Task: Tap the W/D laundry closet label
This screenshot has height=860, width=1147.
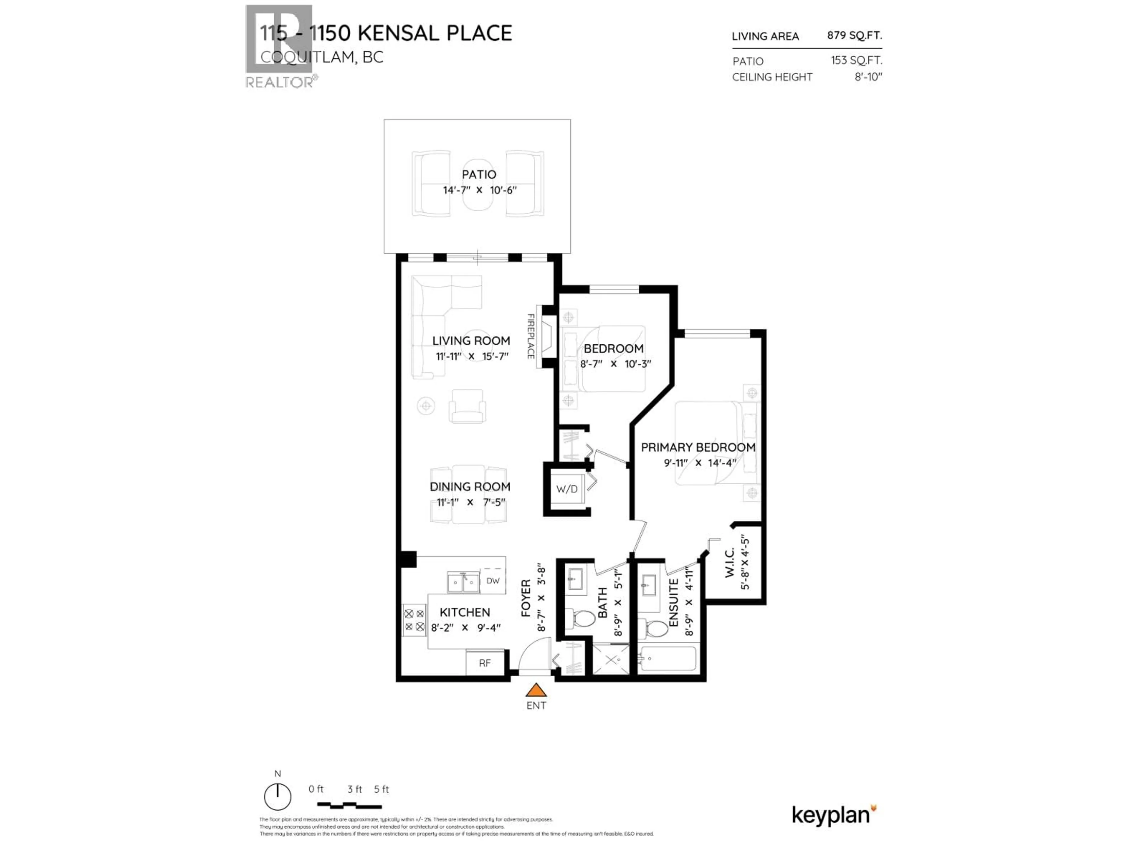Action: (567, 489)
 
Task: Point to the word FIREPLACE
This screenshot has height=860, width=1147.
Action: (530, 337)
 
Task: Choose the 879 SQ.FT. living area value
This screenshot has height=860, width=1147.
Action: (854, 35)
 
